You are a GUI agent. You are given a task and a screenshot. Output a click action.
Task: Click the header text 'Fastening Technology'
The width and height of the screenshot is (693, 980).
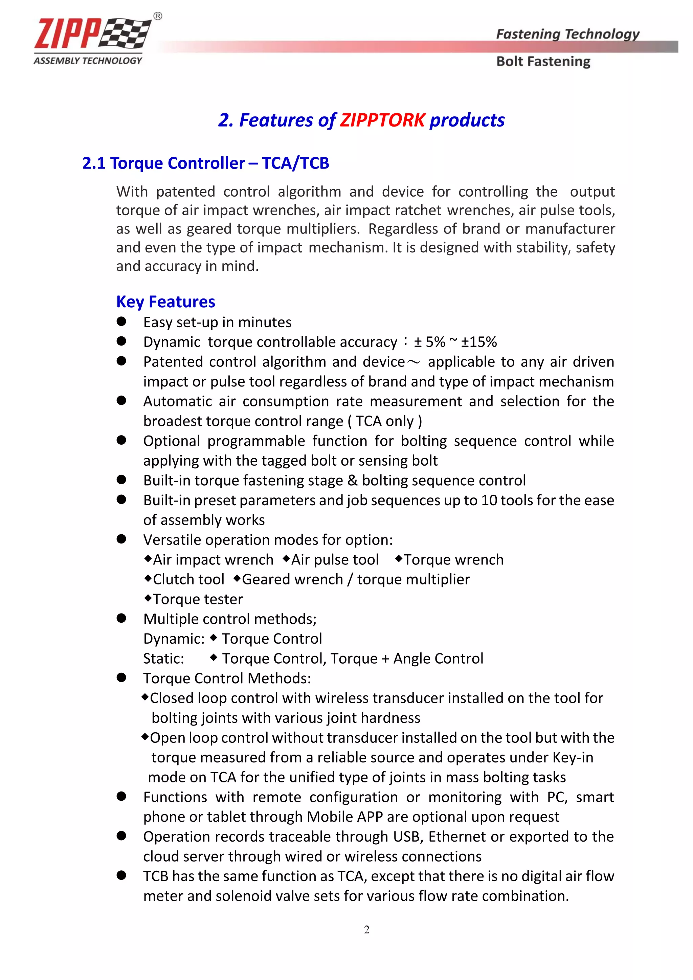coord(567,34)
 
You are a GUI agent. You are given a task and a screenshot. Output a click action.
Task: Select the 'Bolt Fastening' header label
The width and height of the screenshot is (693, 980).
coord(543,62)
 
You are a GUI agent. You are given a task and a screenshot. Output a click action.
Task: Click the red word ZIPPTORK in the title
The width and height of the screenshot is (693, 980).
coord(382,120)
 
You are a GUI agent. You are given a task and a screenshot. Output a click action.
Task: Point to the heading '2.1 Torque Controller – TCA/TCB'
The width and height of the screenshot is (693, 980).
coord(206,163)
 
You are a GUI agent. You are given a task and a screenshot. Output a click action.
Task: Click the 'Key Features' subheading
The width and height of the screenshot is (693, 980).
coord(165,302)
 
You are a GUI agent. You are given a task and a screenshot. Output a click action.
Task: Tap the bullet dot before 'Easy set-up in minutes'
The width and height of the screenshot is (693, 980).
coord(121,321)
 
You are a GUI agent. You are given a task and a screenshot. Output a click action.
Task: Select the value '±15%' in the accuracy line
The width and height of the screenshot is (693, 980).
coord(479,342)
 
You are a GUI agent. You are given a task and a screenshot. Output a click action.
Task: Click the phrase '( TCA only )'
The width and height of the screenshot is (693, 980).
coord(385,421)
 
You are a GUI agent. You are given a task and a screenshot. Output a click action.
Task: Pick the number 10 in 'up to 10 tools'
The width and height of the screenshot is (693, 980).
coord(489,500)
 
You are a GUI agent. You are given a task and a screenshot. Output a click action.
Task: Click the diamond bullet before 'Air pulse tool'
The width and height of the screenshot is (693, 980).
coord(286,558)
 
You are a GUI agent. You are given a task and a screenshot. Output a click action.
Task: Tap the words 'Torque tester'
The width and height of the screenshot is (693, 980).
coord(198,599)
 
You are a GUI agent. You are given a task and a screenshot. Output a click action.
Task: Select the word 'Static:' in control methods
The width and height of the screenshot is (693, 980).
coord(163,659)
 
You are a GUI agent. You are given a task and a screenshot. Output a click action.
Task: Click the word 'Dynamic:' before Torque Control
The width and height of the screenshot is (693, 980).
coord(174,639)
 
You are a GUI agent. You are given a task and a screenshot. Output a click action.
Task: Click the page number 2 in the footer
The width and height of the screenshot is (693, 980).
coord(366,930)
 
